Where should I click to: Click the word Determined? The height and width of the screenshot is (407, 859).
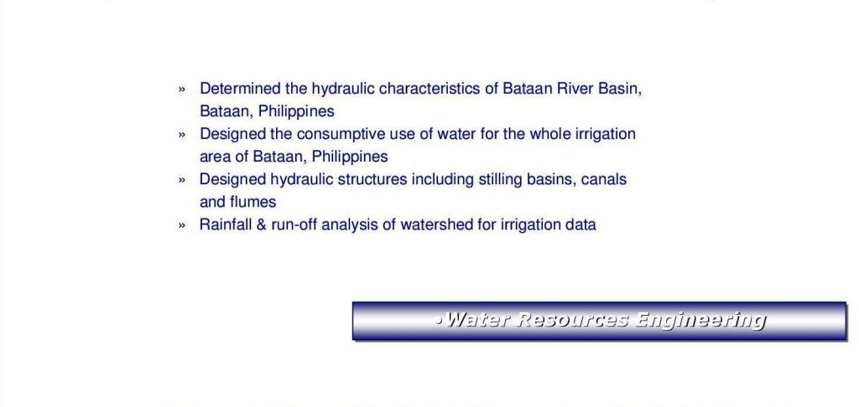pyautogui.click(x=240, y=89)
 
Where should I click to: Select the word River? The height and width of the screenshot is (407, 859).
pyautogui.click(x=575, y=89)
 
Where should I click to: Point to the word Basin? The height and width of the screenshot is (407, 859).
pyautogui.click(x=620, y=89)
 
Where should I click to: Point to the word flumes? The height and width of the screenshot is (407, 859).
pyautogui.click(x=252, y=203)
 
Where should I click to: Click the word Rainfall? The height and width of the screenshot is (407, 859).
pyautogui.click(x=225, y=224)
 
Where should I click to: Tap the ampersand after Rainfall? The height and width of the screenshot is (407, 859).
pyautogui.click(x=262, y=224)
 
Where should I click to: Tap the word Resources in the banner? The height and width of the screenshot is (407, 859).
pyautogui.click(x=572, y=319)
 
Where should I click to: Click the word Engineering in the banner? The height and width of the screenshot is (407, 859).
pyautogui.click(x=699, y=321)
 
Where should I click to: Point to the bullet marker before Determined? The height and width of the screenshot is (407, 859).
pyautogui.click(x=182, y=89)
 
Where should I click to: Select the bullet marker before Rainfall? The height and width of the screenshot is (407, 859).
pyautogui.click(x=182, y=225)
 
